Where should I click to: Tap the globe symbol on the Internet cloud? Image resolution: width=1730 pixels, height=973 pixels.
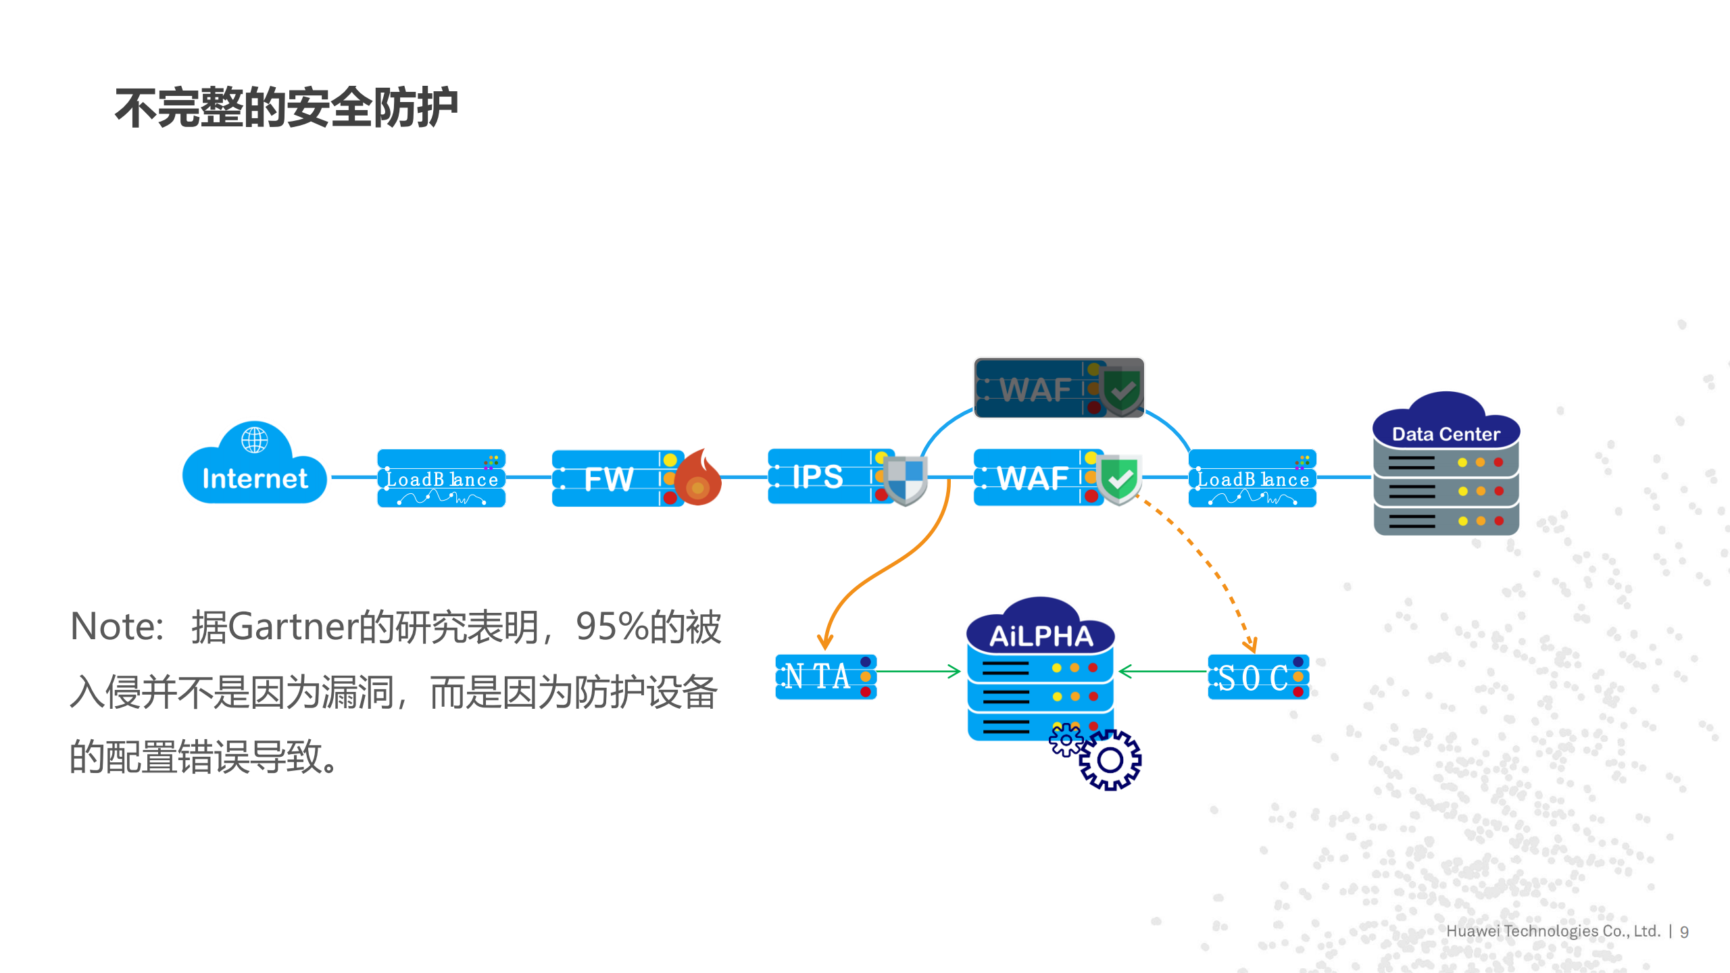point(254,440)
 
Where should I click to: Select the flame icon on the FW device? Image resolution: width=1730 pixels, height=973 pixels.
point(699,480)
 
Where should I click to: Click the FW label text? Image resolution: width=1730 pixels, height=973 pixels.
point(608,479)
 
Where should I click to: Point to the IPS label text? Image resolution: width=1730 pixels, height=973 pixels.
point(817,476)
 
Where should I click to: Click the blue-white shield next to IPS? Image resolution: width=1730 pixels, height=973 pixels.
point(906,479)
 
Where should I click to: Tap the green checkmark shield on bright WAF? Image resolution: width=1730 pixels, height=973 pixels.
point(1120,479)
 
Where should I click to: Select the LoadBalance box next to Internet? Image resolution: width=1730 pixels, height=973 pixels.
point(441,478)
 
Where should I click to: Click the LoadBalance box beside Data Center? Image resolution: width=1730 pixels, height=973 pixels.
point(1252,478)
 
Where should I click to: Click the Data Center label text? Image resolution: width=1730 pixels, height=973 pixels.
point(1445,434)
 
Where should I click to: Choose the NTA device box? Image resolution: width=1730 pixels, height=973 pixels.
point(825,676)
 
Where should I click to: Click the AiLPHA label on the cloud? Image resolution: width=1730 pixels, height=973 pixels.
point(1041,636)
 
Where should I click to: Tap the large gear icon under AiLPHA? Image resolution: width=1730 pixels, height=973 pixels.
point(1110,760)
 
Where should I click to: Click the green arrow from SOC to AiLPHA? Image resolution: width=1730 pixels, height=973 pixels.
point(1162,672)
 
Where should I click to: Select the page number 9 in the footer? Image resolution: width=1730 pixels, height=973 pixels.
point(1684,932)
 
